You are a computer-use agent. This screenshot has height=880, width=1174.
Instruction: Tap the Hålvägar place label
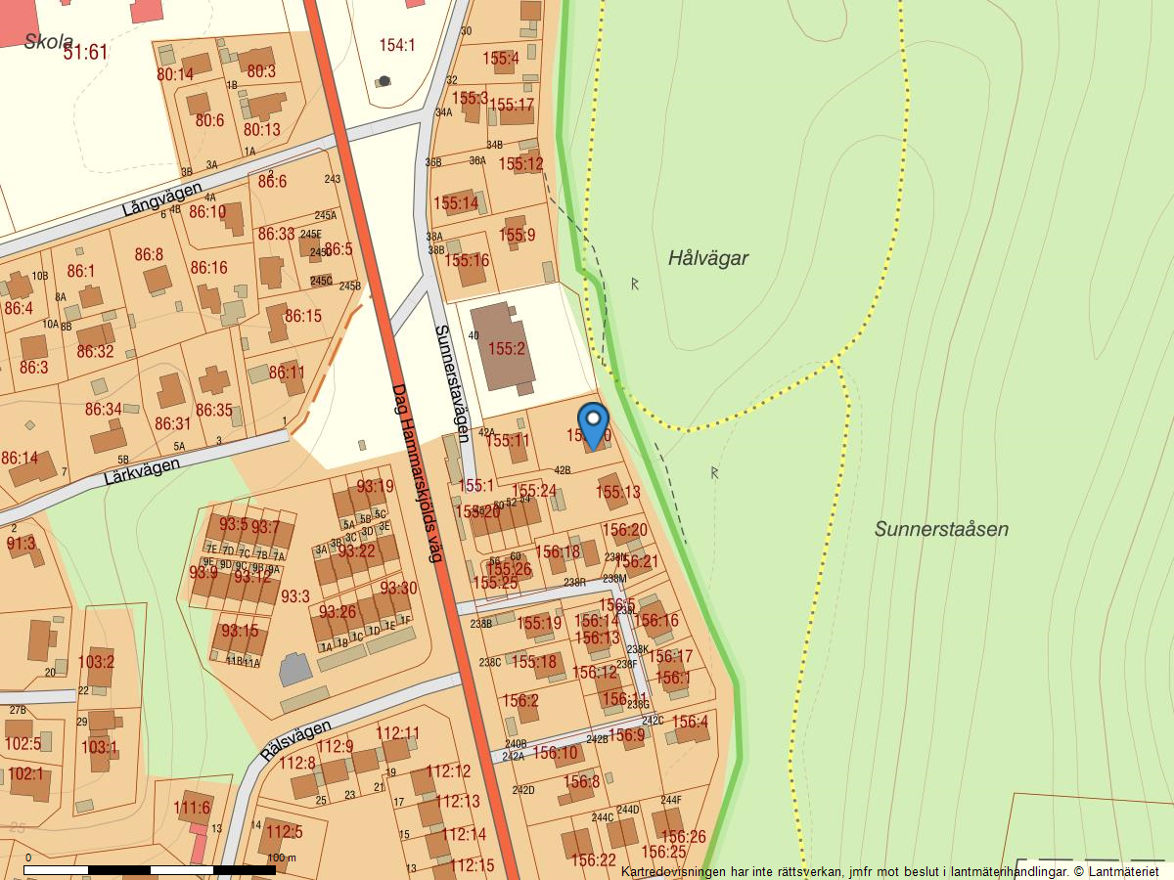pyautogui.click(x=708, y=258)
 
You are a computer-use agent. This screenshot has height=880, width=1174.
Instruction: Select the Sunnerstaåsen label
pyautogui.click(x=941, y=529)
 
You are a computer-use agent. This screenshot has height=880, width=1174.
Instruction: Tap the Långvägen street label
pyautogui.click(x=162, y=199)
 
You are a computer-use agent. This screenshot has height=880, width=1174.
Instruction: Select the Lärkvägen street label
pyautogui.click(x=142, y=472)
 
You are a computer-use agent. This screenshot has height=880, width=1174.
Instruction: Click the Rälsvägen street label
pyautogui.click(x=296, y=741)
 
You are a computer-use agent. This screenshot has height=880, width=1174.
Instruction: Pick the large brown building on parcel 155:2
pyautogui.click(x=503, y=346)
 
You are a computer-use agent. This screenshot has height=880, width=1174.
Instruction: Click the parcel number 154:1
pyautogui.click(x=397, y=45)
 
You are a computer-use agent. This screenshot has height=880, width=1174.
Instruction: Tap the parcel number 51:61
pyautogui.click(x=85, y=53)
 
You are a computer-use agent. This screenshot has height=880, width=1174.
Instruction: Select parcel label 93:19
pyautogui.click(x=375, y=486)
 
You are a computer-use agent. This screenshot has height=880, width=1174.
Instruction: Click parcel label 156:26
pyautogui.click(x=683, y=836)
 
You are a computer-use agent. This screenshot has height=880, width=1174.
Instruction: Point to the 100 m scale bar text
pyautogui.click(x=281, y=858)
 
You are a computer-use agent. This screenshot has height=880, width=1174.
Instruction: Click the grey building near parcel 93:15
pyautogui.click(x=294, y=671)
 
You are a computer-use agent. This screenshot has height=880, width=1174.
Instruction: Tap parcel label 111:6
pyautogui.click(x=192, y=808)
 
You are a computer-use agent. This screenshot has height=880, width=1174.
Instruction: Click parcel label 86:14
pyautogui.click(x=20, y=458)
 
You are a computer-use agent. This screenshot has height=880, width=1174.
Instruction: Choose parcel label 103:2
pyautogui.click(x=96, y=662)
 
